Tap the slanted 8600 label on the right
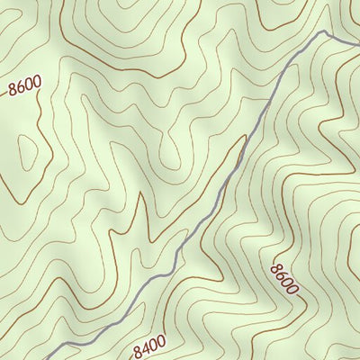click(284, 278)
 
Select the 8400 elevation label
click(149, 343)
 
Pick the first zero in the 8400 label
click(153, 342)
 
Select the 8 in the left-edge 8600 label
click(12, 90)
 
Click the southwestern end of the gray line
click(45, 358)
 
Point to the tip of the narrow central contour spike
click(141, 193)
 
